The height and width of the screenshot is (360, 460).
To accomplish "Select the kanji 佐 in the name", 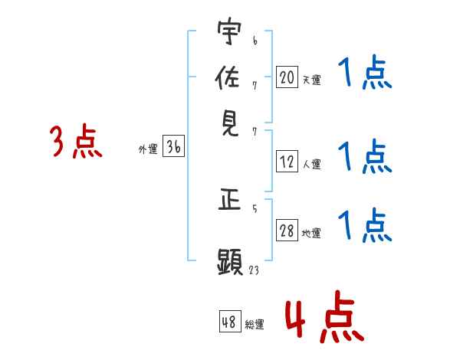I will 228,78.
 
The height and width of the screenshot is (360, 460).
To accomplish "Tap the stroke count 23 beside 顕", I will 254,270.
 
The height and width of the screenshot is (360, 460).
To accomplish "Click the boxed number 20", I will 287,77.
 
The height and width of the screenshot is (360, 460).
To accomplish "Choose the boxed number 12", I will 287,162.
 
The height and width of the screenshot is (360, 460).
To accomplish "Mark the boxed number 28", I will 287,231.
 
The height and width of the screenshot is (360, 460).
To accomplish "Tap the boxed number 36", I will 173,148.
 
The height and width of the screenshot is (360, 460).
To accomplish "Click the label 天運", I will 311,80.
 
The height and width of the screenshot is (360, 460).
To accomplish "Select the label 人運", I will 311,164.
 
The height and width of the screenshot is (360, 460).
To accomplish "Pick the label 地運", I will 311,234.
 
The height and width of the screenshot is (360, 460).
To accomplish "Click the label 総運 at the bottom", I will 255,325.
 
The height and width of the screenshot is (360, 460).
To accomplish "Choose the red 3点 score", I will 76,142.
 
